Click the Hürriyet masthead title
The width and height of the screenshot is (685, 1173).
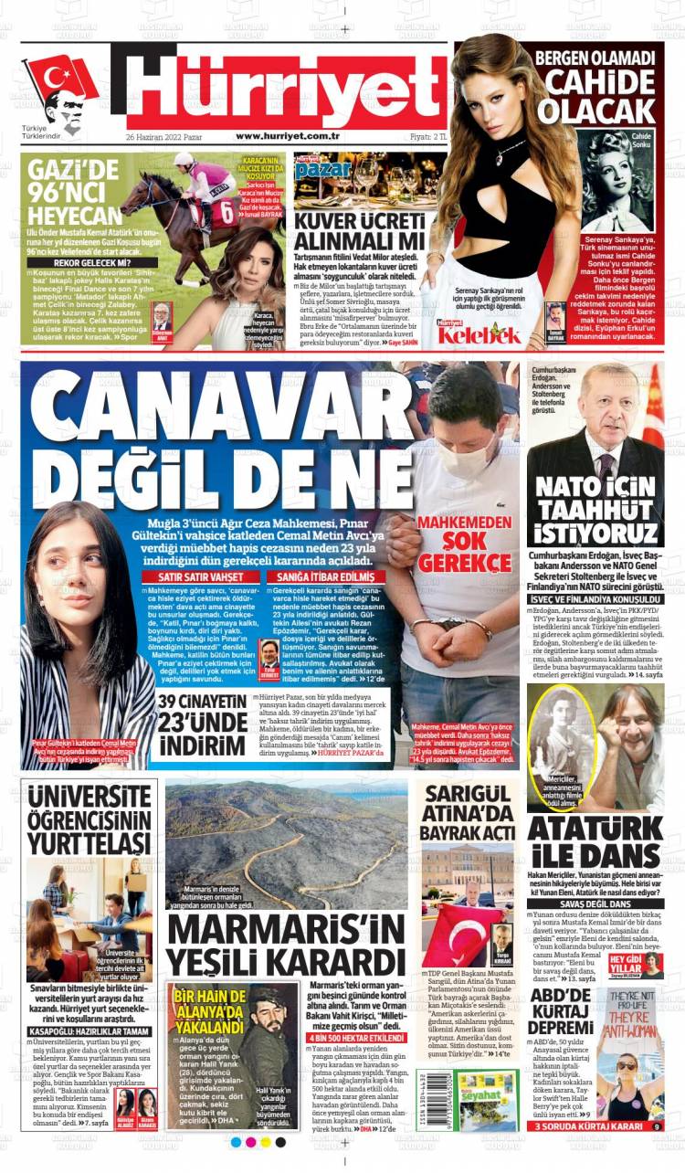tap(283, 89)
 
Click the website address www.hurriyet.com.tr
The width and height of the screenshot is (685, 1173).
tap(288, 136)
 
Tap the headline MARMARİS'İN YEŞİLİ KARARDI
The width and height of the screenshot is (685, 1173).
tap(285, 946)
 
